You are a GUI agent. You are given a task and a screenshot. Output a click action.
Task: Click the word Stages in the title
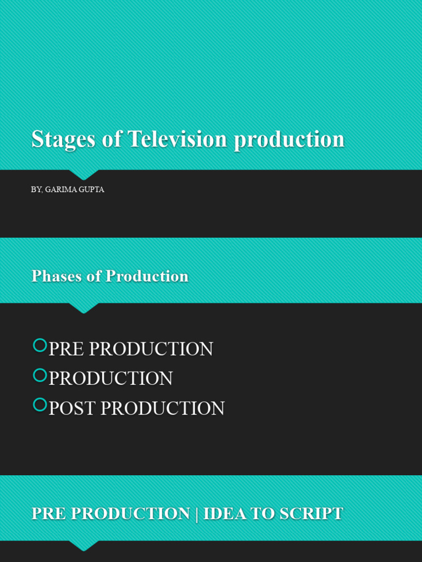pos(63,139)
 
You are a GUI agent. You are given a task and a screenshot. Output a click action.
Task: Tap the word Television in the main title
pos(177,139)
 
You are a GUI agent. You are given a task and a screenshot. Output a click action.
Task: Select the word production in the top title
pos(288,139)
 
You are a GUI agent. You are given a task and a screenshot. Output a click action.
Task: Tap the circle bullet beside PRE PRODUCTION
pos(40,345)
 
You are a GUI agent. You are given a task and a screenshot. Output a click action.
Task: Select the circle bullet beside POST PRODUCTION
pos(40,404)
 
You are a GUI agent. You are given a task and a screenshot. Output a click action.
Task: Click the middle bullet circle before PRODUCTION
pos(40,375)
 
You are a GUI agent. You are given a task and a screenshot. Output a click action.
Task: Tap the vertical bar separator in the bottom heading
pos(197,514)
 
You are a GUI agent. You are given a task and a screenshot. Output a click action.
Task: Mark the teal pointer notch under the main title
pos(84,174)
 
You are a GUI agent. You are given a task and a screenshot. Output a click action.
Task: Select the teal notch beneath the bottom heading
pos(84,545)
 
